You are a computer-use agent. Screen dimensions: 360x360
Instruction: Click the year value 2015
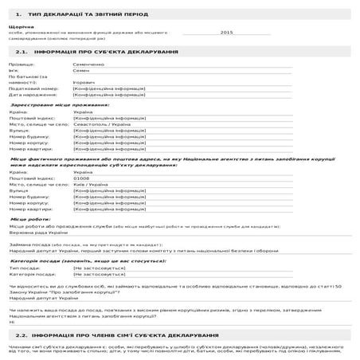click(x=226, y=33)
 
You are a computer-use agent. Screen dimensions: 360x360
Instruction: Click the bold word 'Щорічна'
click(x=20, y=25)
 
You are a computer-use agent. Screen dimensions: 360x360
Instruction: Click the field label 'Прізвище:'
click(x=22, y=63)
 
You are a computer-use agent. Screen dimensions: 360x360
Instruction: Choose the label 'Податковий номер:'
click(x=33, y=88)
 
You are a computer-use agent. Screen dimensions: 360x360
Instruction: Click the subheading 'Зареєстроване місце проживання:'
click(x=50, y=104)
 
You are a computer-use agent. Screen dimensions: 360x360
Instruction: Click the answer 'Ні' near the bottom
click(x=12, y=322)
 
